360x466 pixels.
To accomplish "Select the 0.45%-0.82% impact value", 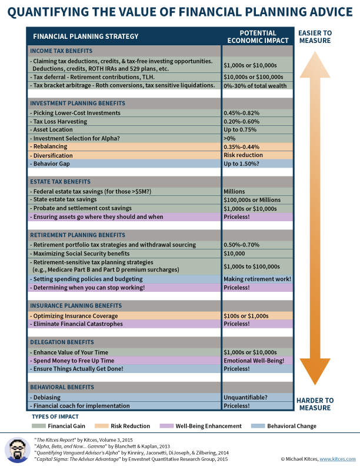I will pyautogui.click(x=241, y=112).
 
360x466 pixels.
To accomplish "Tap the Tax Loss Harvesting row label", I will pyautogui.click(x=60, y=121).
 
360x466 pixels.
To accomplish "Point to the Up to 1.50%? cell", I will pyautogui.click(x=242, y=163).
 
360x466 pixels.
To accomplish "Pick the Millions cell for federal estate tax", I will pyautogui.click(x=234, y=191).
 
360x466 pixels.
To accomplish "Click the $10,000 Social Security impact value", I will pyautogui.click(x=235, y=253).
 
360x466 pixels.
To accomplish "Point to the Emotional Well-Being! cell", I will pyautogui.click(x=254, y=360).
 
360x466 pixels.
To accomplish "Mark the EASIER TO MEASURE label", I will pyautogui.click(x=322, y=36).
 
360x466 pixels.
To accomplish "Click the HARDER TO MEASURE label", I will pyautogui.click(x=322, y=404).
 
